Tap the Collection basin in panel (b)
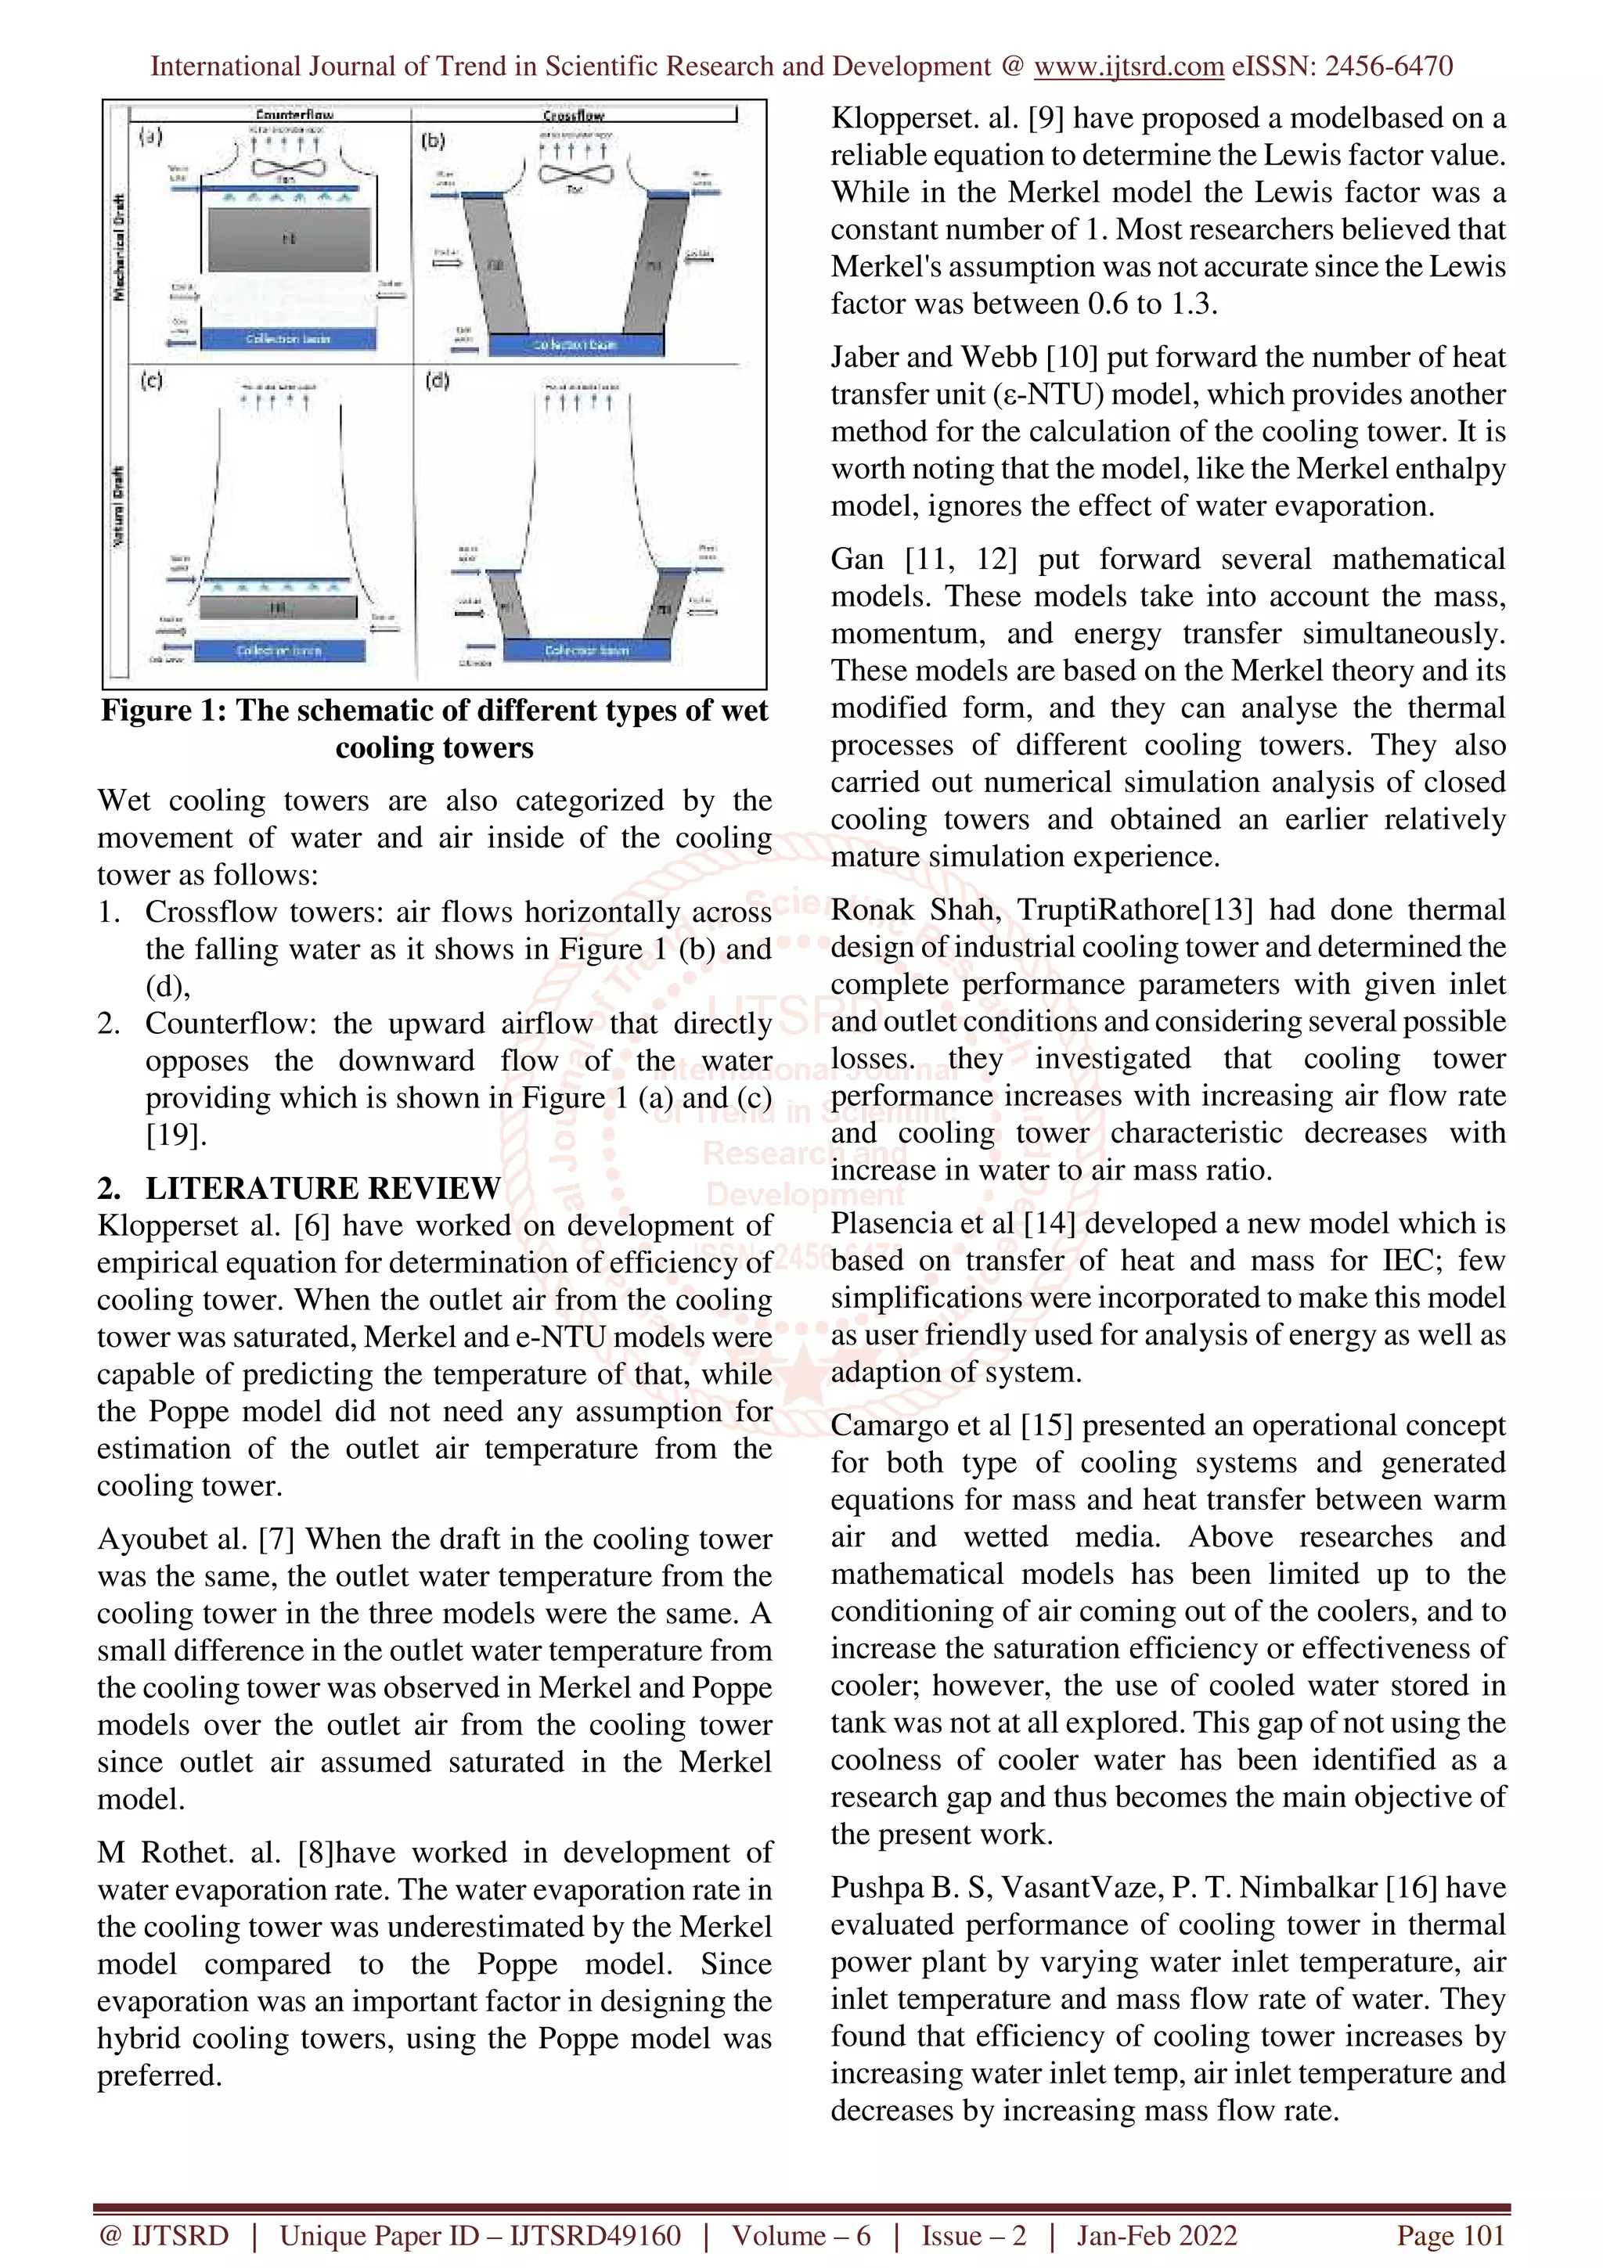(x=576, y=344)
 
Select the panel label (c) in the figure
(x=151, y=380)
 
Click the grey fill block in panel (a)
(x=290, y=238)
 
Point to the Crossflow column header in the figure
(x=573, y=114)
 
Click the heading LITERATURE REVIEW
(x=323, y=1188)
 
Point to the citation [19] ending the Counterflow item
(x=176, y=1135)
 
